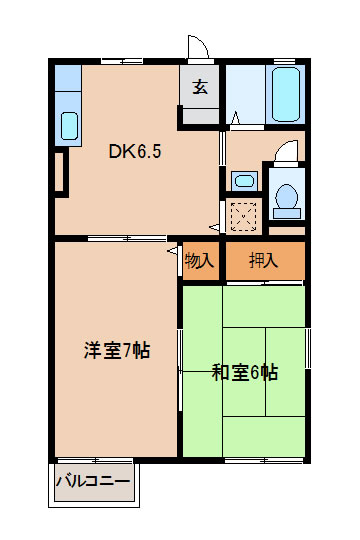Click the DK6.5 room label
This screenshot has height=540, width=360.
(135, 151)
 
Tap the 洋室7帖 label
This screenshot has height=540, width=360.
(117, 351)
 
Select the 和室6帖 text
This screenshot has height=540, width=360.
(245, 372)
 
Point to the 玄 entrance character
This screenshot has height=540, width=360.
(200, 87)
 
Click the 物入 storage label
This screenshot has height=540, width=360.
(199, 261)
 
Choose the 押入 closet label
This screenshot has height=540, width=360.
(264, 260)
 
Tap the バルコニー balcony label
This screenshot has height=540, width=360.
(93, 481)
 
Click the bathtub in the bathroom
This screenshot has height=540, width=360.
(286, 94)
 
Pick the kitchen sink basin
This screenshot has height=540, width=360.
(69, 126)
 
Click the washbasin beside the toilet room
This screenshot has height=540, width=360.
(244, 180)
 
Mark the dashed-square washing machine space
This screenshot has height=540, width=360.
(243, 217)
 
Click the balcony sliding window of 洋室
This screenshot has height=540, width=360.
(95, 460)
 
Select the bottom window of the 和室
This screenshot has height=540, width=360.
(264, 460)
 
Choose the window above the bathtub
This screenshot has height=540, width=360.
(285, 62)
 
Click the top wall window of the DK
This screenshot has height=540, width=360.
(122, 62)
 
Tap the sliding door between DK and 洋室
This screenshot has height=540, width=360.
(127, 238)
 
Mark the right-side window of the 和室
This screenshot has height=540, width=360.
(308, 349)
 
